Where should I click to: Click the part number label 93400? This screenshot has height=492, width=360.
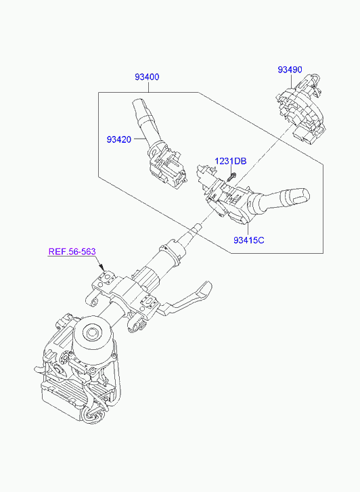point(147,77)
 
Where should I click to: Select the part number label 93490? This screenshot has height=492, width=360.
point(290,70)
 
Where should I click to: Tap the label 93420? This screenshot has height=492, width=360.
point(118,139)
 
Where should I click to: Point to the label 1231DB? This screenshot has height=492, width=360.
point(231,161)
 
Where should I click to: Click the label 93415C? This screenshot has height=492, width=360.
point(249,240)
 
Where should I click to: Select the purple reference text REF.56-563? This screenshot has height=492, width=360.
point(72,252)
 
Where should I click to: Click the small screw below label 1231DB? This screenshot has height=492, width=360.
point(231,177)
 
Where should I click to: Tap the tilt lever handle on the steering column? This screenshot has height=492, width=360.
point(188,298)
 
